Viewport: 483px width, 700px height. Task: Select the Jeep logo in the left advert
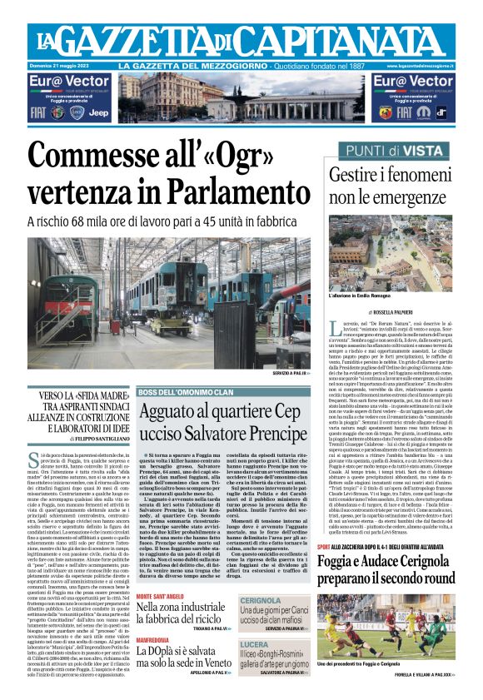[x=97, y=112]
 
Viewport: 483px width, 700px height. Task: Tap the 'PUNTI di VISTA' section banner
[x=391, y=151]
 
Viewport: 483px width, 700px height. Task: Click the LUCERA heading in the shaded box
[x=255, y=644]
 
